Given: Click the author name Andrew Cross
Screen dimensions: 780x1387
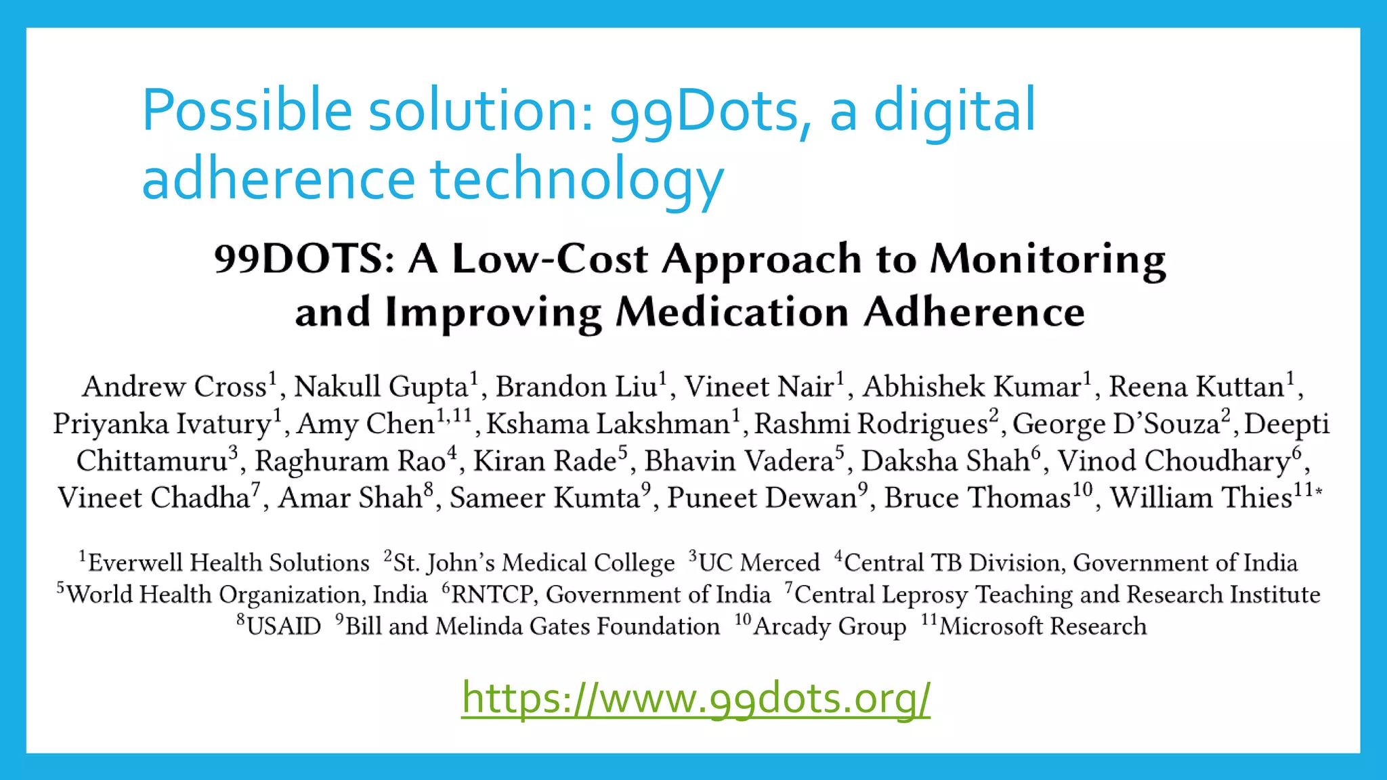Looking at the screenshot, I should point(175,387).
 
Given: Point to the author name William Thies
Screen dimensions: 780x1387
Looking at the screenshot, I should point(1201,498).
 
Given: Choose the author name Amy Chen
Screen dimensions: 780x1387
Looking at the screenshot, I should point(366,424).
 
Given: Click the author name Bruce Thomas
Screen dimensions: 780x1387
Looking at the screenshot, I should point(977,498).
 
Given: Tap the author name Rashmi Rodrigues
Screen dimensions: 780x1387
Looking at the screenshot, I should point(871,424).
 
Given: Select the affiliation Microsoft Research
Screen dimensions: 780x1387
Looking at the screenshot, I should point(1043,626).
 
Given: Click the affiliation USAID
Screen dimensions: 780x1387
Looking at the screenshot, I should point(284,626).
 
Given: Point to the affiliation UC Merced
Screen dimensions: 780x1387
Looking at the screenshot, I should point(759,563).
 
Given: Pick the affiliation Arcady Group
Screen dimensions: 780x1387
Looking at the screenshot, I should point(830,626).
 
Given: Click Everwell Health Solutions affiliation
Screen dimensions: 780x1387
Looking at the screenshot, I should point(229,563).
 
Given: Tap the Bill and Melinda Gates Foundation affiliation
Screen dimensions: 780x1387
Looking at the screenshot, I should point(532,626).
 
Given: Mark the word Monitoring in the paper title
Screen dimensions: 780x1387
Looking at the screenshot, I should point(1048,259).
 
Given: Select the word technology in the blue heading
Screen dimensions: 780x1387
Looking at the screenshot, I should point(577,179).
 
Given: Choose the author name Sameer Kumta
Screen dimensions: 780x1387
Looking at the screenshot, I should point(545,498).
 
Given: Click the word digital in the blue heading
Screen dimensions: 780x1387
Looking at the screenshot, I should point(955,110).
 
